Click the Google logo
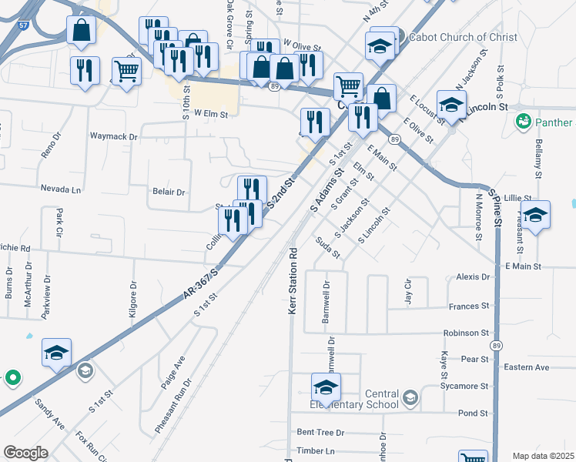pyautogui.click(x=25, y=453)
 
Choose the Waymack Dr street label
pyautogui.click(x=113, y=136)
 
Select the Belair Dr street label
pyautogui.click(x=169, y=192)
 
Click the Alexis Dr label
pyautogui.click(x=473, y=276)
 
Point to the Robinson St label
pyautogui.click(x=466, y=333)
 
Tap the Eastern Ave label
pyautogui.click(x=526, y=367)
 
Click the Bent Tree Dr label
pyautogui.click(x=320, y=433)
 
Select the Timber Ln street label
pyautogui.click(x=316, y=450)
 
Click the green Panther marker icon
pyautogui.click(x=524, y=122)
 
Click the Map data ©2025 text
pyautogui.click(x=543, y=456)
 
